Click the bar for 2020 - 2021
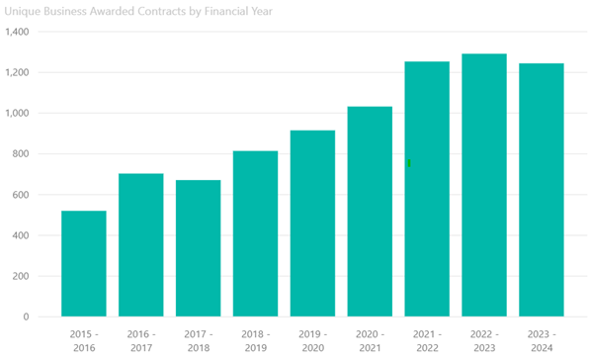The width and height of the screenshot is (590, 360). tap(370, 212)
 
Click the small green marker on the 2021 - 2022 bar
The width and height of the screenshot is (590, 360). tap(409, 163)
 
